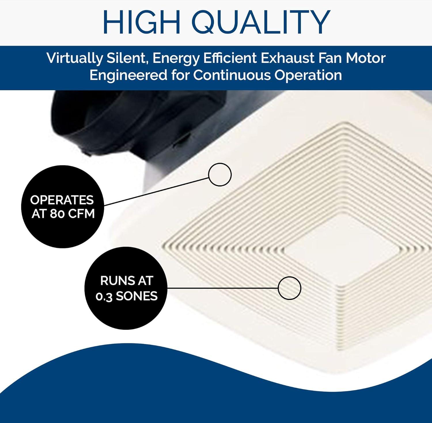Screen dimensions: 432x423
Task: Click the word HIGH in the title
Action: (x=142, y=22)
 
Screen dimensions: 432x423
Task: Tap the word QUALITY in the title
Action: (x=261, y=22)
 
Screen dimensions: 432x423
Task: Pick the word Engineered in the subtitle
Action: (x=128, y=75)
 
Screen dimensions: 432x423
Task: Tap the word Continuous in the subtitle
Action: (x=232, y=75)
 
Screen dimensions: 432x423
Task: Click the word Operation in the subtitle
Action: (x=308, y=76)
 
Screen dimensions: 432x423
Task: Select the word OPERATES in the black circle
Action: (x=62, y=200)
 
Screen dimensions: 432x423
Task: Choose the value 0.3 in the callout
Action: (x=104, y=296)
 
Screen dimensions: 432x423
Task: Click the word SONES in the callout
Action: (x=137, y=296)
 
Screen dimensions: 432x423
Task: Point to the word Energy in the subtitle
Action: (x=176, y=59)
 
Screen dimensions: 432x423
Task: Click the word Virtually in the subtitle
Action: (x=74, y=59)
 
